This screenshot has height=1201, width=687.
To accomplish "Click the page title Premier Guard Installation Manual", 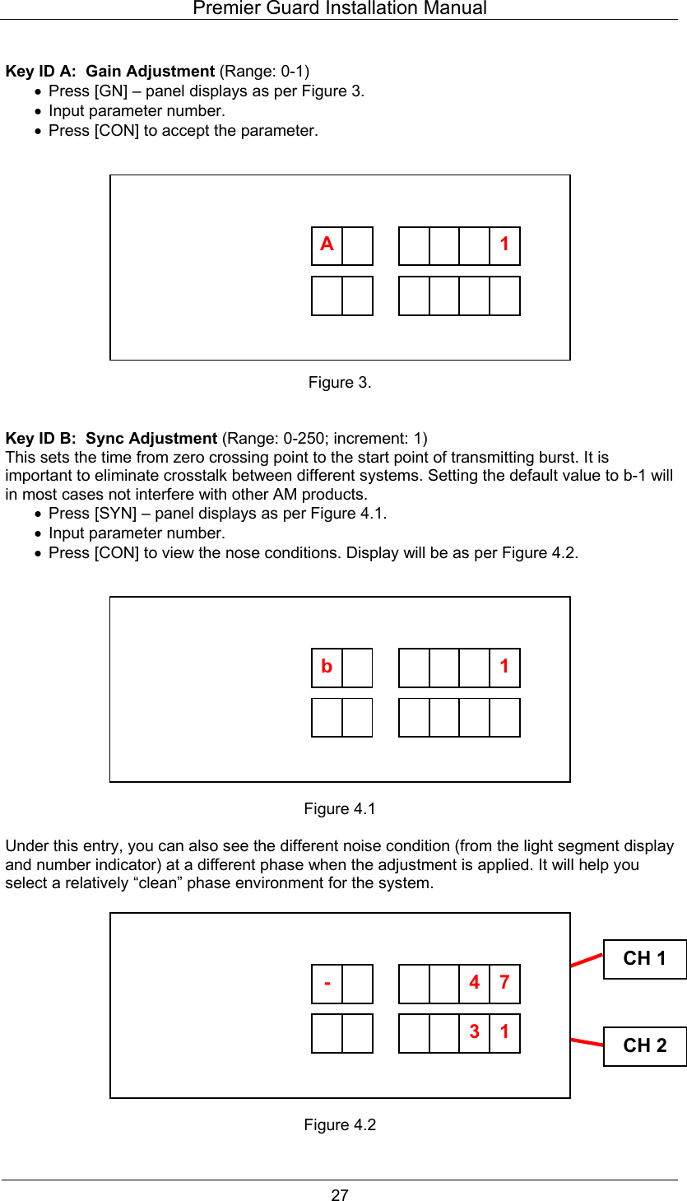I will pyautogui.click(x=339, y=9).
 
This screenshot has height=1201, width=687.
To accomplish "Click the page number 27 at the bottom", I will pyautogui.click(x=340, y=1195).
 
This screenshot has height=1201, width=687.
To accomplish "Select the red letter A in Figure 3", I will pyautogui.click(x=327, y=244).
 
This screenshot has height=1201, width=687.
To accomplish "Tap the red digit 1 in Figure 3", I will pyautogui.click(x=504, y=244).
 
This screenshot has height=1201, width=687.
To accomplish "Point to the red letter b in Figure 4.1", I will pyautogui.click(x=327, y=667).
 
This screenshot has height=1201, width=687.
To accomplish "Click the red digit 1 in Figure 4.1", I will pyautogui.click(x=504, y=667).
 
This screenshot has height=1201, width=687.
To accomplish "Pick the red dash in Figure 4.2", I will pyautogui.click(x=327, y=983).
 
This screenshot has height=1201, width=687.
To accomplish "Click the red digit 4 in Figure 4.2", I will pyautogui.click(x=474, y=983).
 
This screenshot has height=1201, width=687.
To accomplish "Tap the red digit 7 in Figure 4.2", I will pyautogui.click(x=504, y=983).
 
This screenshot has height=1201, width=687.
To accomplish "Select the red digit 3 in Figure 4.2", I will pyautogui.click(x=474, y=1031).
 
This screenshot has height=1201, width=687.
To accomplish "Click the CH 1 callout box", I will pyautogui.click(x=644, y=959).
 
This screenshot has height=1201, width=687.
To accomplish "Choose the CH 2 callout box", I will pyautogui.click(x=644, y=1045).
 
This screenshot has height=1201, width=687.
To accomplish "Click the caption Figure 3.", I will pyautogui.click(x=340, y=383).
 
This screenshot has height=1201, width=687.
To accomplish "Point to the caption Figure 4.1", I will pyautogui.click(x=340, y=809).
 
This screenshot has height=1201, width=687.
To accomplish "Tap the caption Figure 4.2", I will pyautogui.click(x=340, y=1125).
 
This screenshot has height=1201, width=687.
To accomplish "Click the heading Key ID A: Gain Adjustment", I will pyautogui.click(x=110, y=72).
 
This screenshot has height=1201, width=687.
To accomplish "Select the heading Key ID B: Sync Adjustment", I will pyautogui.click(x=111, y=438).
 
